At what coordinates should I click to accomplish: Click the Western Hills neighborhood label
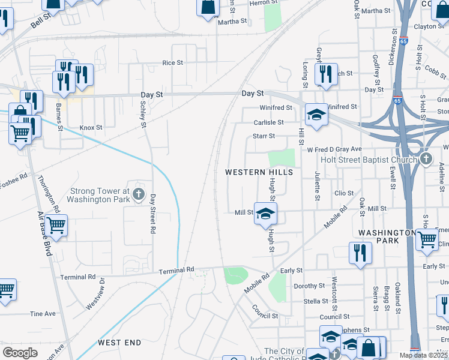pyautogui.click(x=259, y=172)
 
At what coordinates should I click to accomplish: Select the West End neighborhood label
pyautogui.click(x=119, y=343)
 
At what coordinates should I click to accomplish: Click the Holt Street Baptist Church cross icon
pyautogui.click(x=426, y=158)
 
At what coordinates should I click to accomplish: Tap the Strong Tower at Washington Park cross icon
pyautogui.click(x=139, y=193)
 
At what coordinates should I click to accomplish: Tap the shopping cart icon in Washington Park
pyautogui.click(x=427, y=239)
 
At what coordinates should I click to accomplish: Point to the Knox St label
pyautogui.click(x=91, y=127)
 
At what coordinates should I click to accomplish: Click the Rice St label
pyautogui.click(x=172, y=62)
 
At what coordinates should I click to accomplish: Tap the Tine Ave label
pyautogui.click(x=43, y=314)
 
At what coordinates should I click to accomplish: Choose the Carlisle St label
pyautogui.click(x=268, y=122)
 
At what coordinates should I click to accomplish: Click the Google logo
pyautogui.click(x=20, y=353)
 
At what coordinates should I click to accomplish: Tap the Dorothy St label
pyautogui.click(x=309, y=286)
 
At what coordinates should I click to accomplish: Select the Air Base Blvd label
pyautogui.click(x=44, y=234)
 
